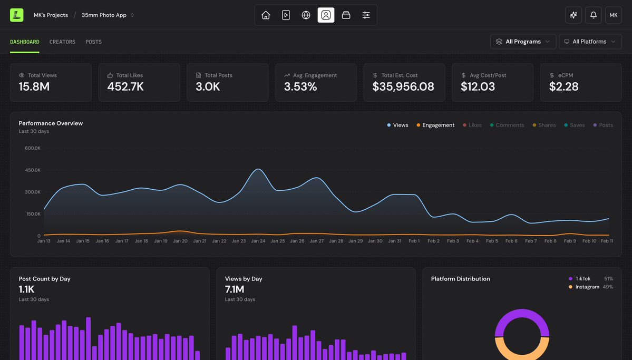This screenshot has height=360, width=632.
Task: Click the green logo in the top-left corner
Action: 16,15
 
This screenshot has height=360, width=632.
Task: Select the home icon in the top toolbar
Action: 266,15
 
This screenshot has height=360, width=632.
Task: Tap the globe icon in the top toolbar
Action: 306,15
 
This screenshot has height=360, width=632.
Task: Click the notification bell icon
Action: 593,15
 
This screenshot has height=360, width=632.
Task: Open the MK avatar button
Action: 613,15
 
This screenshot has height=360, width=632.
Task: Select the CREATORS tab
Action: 62,42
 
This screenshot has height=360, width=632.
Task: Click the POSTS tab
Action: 93,42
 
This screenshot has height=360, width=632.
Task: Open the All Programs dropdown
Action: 523,42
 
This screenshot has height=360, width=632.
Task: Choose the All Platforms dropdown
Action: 590,42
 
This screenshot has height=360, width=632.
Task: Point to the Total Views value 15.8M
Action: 34,87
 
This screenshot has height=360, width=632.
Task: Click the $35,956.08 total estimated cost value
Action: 403,87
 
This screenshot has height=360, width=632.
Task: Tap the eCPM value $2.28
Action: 563,87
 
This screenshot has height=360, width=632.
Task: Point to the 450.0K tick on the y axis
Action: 32,170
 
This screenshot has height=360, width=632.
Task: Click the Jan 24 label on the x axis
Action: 258,241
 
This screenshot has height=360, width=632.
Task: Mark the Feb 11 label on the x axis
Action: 606,241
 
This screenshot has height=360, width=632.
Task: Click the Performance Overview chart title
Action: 51,123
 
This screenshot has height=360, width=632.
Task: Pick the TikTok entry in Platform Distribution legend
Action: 582,279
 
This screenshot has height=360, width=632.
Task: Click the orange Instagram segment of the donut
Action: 522,351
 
